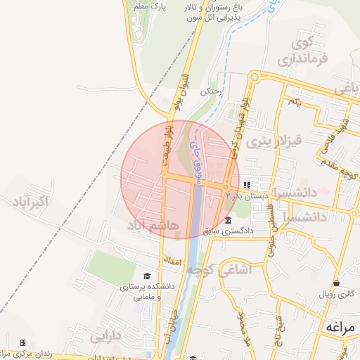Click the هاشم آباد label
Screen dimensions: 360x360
pyautogui.click(x=153, y=225)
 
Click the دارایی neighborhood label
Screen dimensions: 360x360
pyautogui.click(x=105, y=337)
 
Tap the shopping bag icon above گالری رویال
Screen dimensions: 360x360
pyautogui.click(x=337, y=283)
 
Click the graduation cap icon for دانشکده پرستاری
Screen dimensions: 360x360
pyautogui.click(x=147, y=276)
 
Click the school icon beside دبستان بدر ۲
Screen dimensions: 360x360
pyautogui.click(x=246, y=186)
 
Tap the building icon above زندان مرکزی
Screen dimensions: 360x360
pyautogui.click(x=22, y=342)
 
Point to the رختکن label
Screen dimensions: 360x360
pyautogui.click(x=210, y=91)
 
